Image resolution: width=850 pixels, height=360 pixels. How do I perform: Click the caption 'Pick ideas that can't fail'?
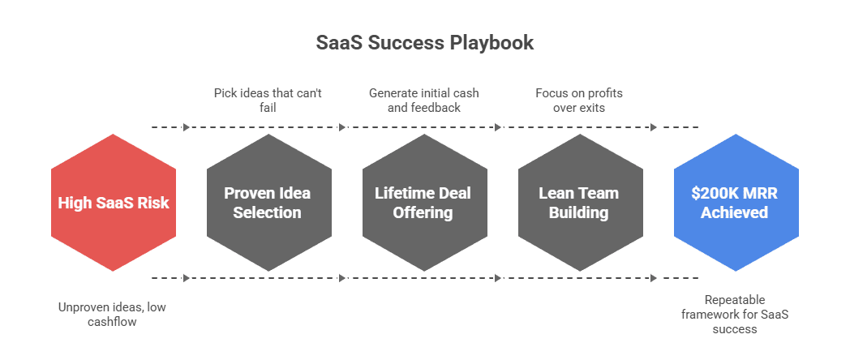coord(268,101)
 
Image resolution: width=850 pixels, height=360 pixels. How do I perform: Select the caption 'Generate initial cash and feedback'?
coord(423,101)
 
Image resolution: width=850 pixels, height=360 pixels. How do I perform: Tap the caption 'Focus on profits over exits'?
coord(579,101)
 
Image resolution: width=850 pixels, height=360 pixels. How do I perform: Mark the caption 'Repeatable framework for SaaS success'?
coord(735,315)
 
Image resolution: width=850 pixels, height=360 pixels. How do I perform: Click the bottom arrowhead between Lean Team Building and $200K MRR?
coord(654,278)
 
